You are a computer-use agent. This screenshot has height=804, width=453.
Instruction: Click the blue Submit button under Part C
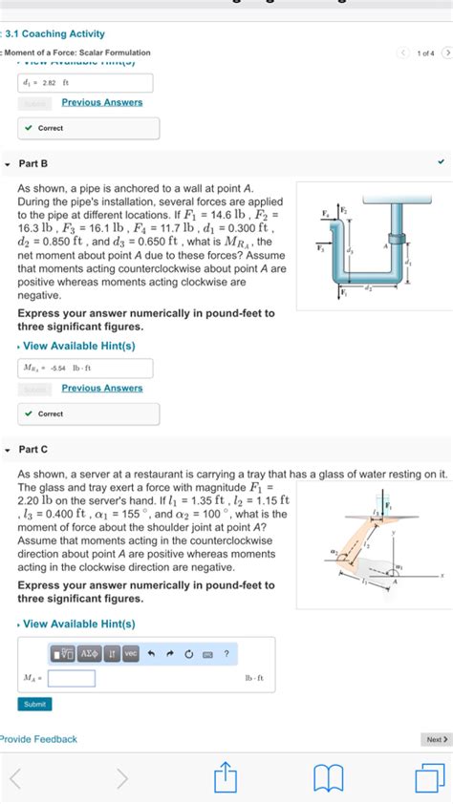pyautogui.click(x=34, y=704)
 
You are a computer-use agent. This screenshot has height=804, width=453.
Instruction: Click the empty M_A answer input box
pyautogui.click(x=72, y=678)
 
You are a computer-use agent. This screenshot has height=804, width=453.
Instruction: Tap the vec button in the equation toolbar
pyautogui.click(x=131, y=653)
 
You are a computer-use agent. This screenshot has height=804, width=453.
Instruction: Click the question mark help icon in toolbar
pyautogui.click(x=226, y=653)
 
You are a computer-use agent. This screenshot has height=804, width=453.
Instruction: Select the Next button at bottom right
pyautogui.click(x=435, y=739)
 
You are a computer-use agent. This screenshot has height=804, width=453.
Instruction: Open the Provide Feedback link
pyautogui.click(x=38, y=739)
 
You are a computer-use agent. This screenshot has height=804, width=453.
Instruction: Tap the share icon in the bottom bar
pyautogui.click(x=226, y=776)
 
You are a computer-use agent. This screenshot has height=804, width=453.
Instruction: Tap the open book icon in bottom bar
pyautogui.click(x=328, y=776)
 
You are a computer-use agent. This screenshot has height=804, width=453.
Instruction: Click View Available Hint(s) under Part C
pyautogui.click(x=78, y=624)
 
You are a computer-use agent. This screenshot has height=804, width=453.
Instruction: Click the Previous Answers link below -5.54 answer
pyautogui.click(x=102, y=388)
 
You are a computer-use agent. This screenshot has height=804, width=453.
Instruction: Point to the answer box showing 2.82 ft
pyautogui.click(x=84, y=83)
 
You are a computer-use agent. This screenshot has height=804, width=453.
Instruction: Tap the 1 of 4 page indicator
pyautogui.click(x=424, y=53)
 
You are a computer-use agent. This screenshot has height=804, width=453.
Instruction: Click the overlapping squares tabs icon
pyautogui.click(x=429, y=776)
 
